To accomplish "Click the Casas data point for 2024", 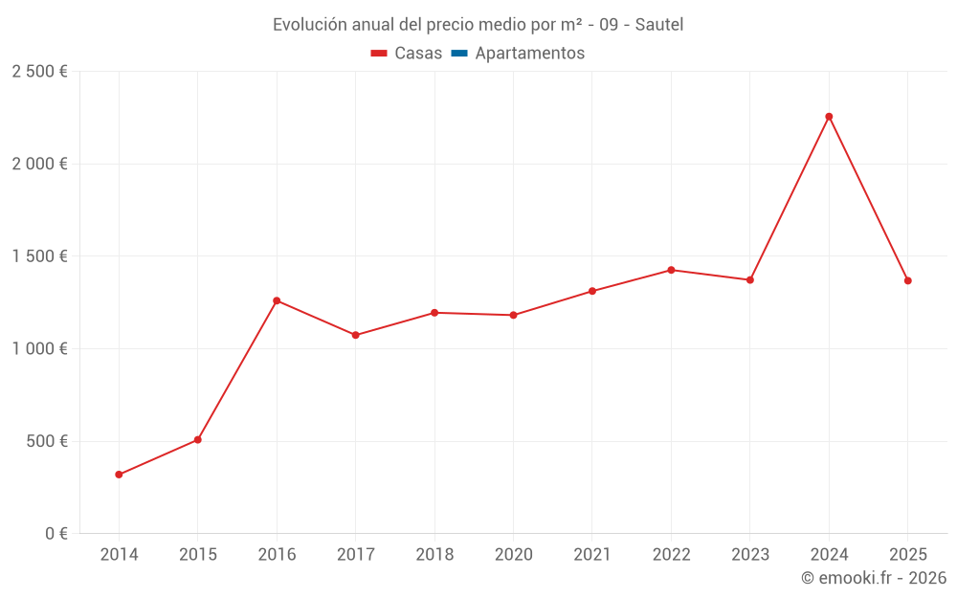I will coord(829,117).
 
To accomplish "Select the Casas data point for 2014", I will coord(119,475).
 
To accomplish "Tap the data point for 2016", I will coord(277,300).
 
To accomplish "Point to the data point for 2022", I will coord(671,270).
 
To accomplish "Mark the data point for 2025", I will coord(908,280).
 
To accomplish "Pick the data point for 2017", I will coord(355,335).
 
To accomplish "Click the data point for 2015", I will coord(198,440).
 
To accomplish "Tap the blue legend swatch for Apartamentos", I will coord(458,54).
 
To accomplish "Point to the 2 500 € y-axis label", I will coord(39,72).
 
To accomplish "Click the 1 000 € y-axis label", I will coord(39,349).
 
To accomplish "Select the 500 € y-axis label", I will coord(45,441).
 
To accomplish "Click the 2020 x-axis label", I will coord(513,555).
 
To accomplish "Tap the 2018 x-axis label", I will coord(434,555).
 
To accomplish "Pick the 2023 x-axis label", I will coord(749,555).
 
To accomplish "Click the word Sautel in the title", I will coord(658,25).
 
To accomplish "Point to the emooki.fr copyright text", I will coord(873,578).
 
